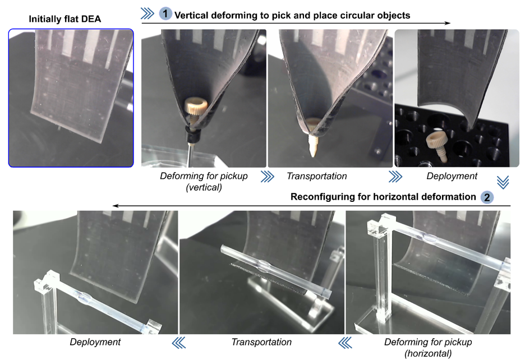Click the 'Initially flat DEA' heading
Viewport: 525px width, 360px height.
65,19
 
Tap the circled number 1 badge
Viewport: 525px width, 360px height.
165,13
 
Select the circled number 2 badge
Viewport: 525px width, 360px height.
487,197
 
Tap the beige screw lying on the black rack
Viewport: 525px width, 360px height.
437,146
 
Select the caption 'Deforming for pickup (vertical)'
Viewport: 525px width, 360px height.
204,182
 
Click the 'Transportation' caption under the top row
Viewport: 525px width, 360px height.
317,176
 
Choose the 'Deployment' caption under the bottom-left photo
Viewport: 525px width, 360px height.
95,342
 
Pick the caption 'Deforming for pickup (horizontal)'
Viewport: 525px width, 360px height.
428,348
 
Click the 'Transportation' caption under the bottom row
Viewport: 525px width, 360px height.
261,342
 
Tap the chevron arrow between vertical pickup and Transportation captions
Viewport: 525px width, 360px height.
267,177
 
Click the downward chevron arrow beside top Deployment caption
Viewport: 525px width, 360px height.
503,182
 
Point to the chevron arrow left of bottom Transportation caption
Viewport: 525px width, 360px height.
345,343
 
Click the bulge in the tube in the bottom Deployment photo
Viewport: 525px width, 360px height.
84,297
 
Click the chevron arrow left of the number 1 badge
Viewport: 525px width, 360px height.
148,13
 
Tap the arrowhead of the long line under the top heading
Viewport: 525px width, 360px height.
448,23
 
